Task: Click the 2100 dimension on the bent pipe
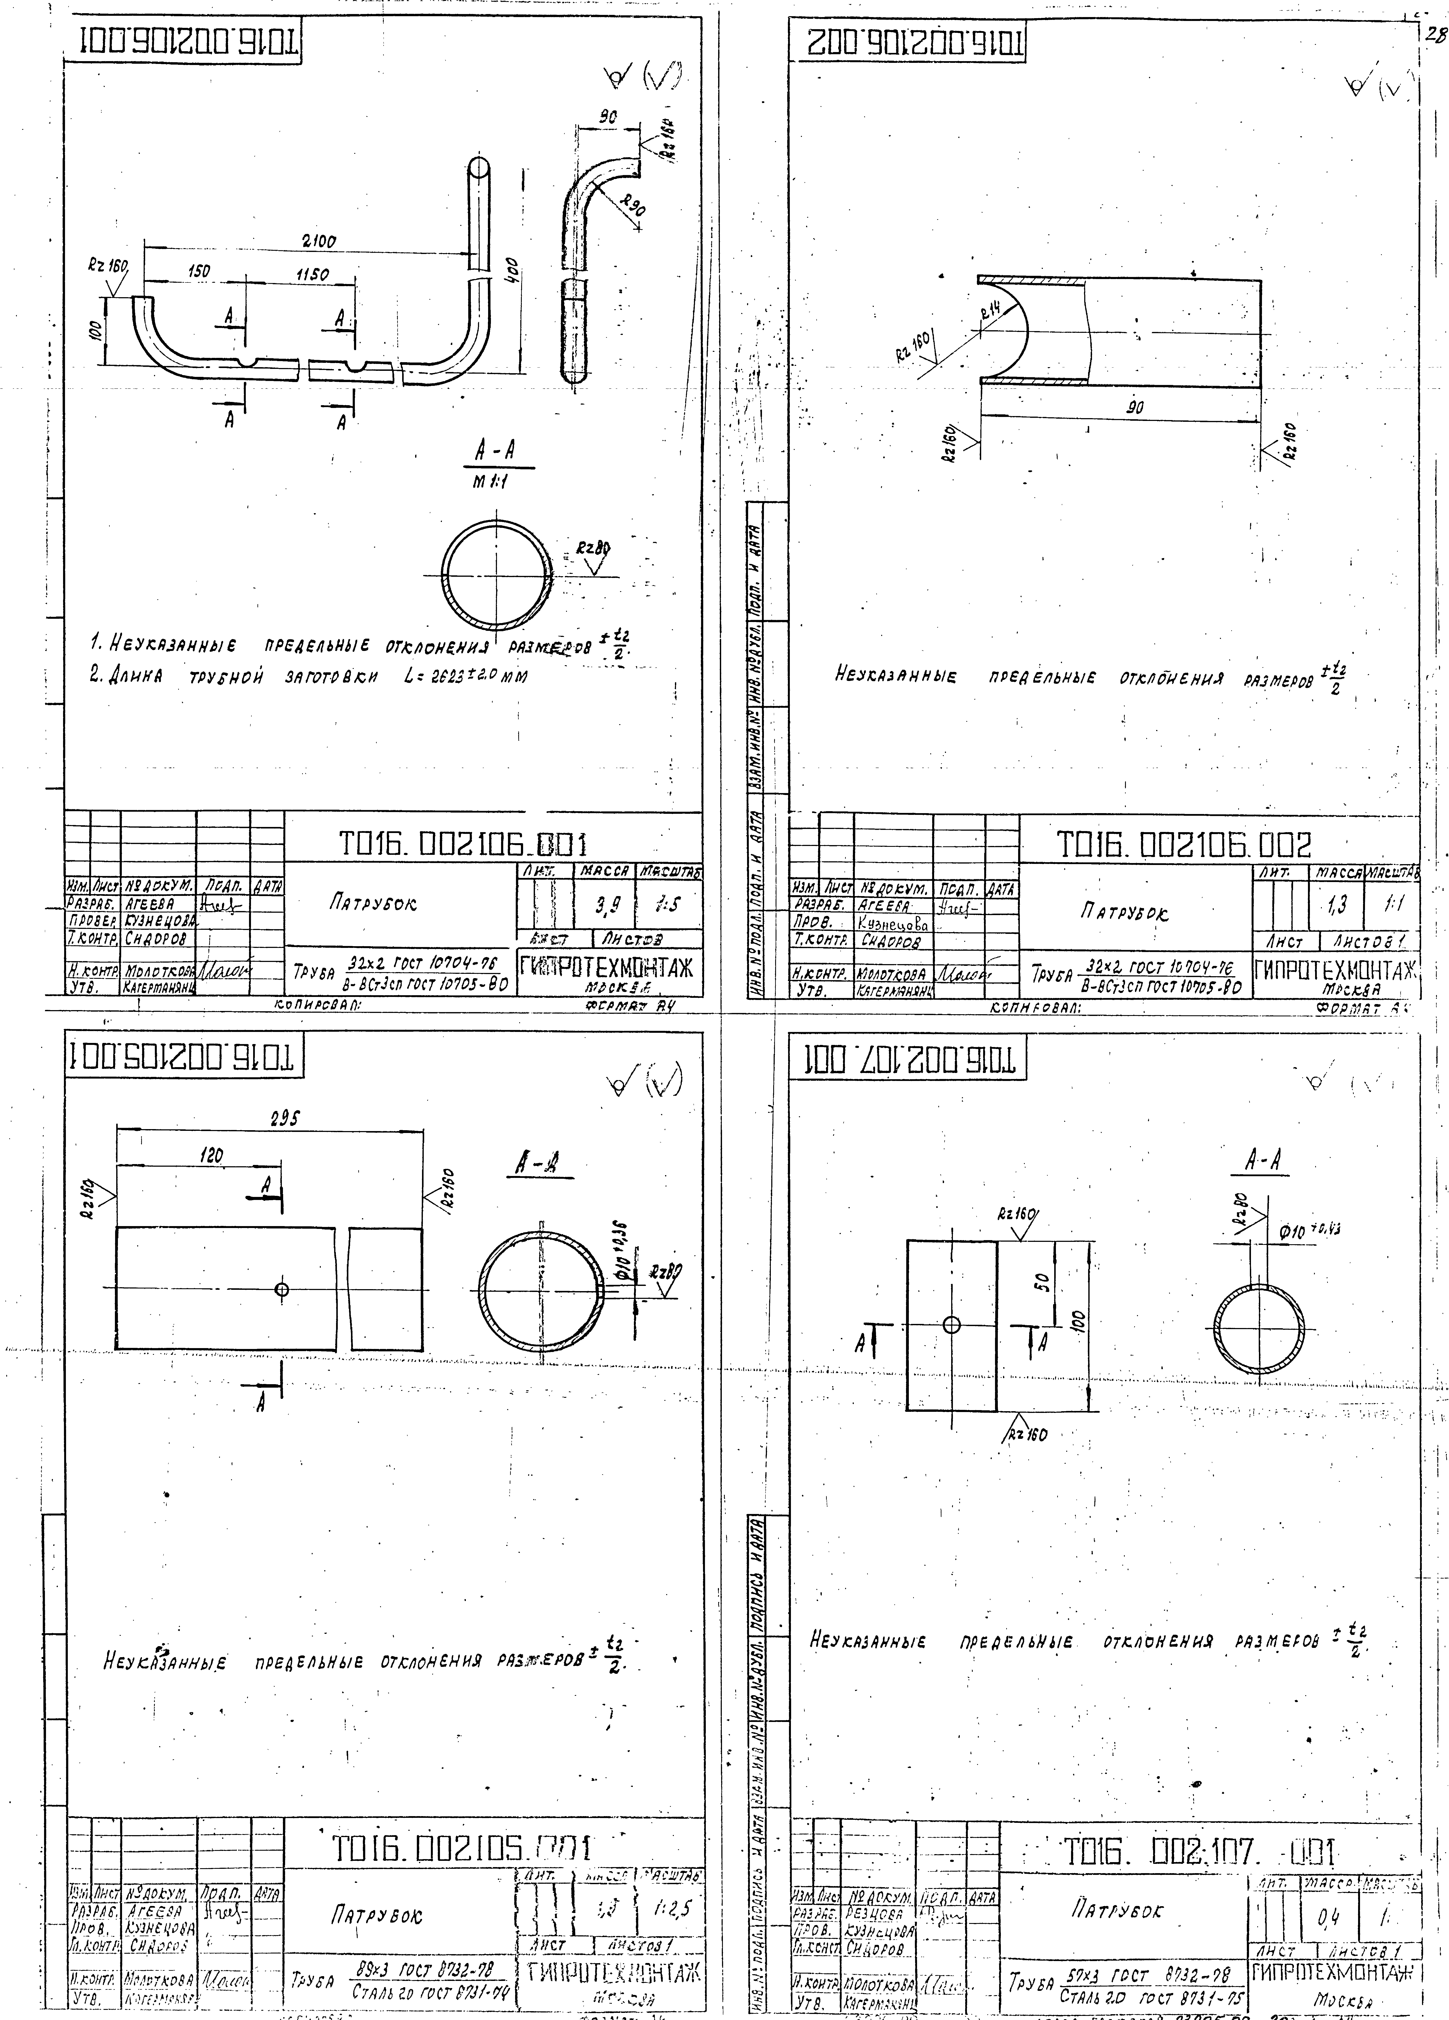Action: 318,240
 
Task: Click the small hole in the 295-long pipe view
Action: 282,1289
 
